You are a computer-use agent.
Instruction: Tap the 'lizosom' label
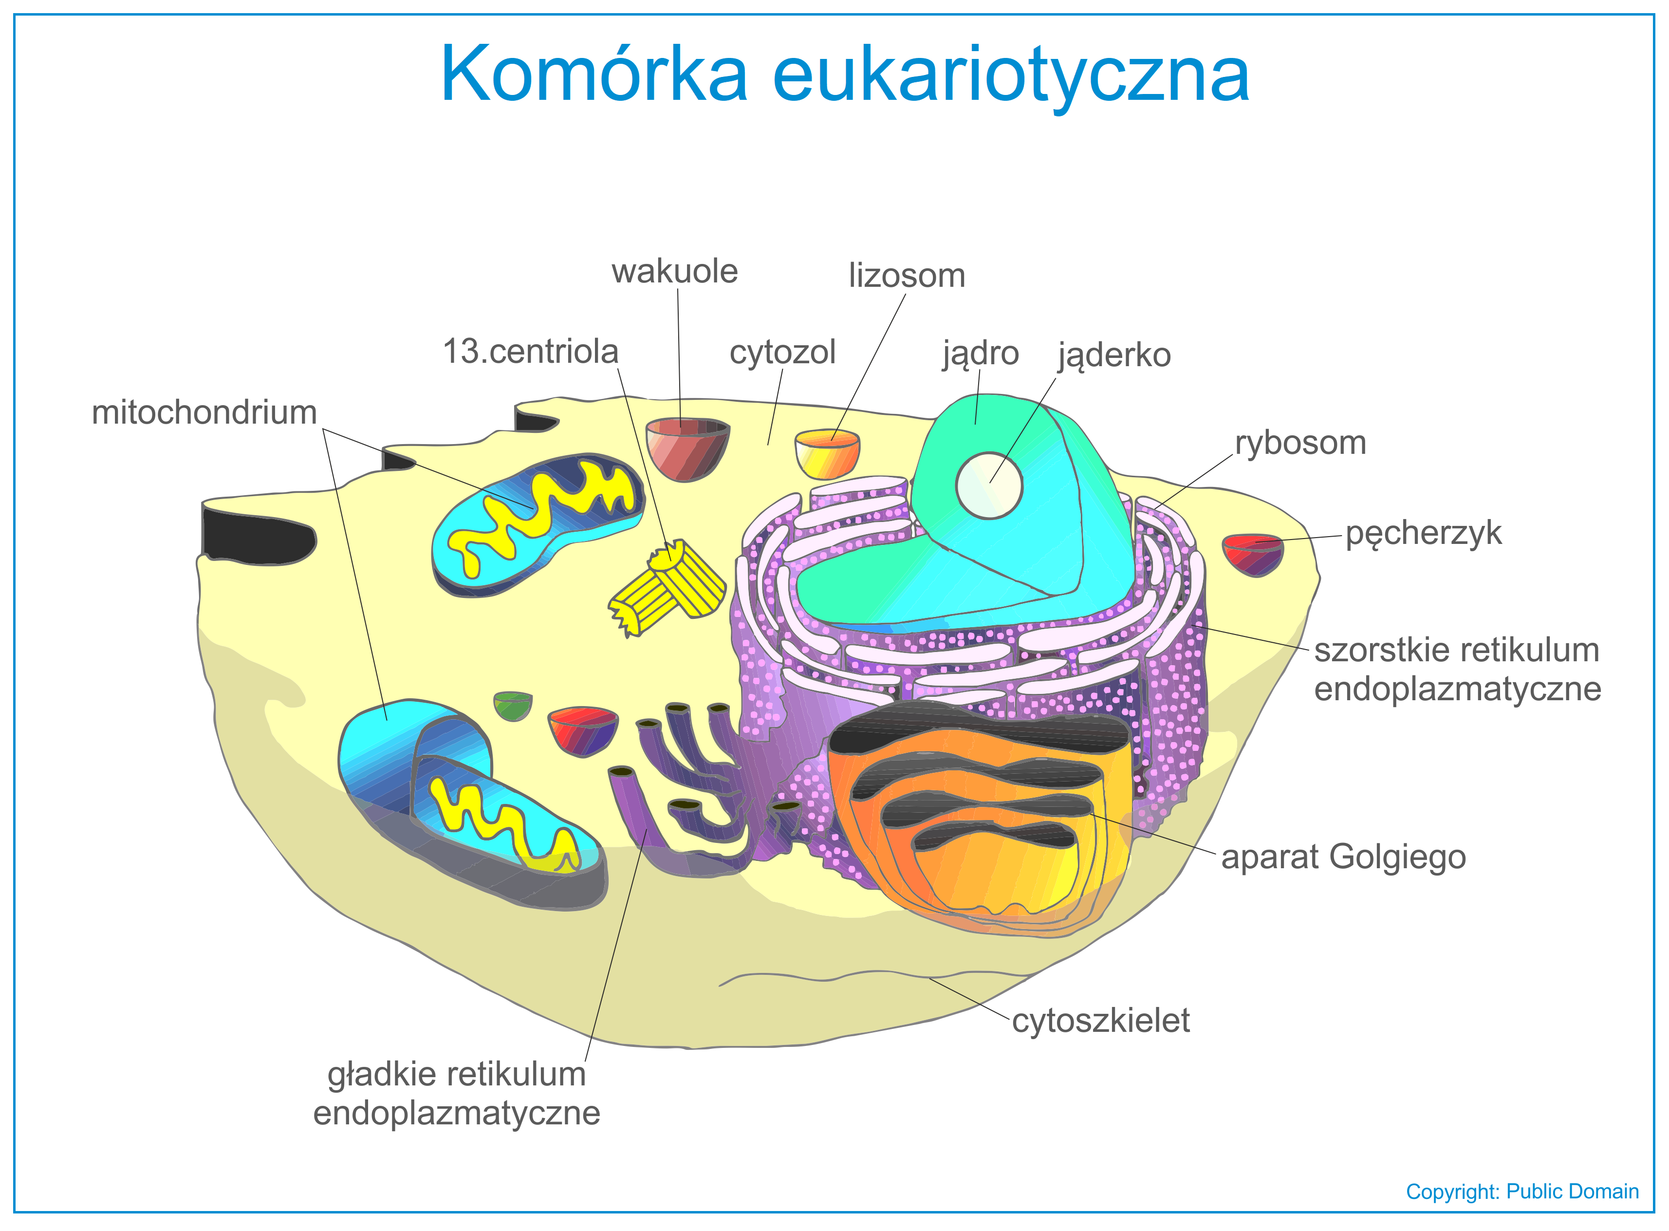click(x=907, y=276)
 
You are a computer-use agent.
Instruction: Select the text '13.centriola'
click(x=531, y=351)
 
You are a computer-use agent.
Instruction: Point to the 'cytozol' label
click(x=782, y=353)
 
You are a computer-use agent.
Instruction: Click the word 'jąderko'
click(x=1114, y=356)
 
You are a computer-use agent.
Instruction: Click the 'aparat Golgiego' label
click(x=1343, y=858)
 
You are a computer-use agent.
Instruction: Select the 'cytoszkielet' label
click(x=1100, y=1021)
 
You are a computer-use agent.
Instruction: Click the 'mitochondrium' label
click(x=204, y=412)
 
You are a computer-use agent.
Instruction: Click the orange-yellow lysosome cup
click(x=827, y=453)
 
